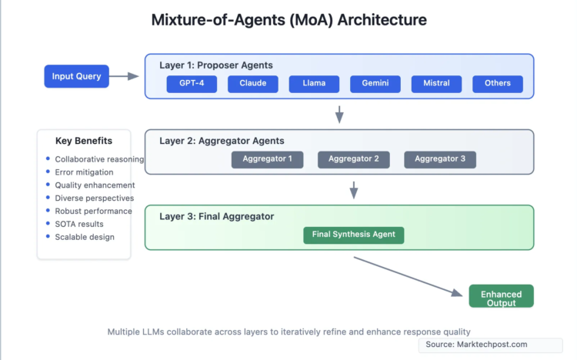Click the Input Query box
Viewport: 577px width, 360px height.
pos(78,76)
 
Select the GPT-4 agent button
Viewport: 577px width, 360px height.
pos(192,84)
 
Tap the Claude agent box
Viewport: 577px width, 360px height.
pos(253,84)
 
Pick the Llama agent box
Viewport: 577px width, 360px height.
pos(314,84)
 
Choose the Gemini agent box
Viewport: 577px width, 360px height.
pos(375,84)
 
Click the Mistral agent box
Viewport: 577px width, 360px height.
pos(436,84)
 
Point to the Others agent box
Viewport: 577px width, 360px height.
pos(498,84)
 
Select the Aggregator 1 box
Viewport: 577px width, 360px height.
pos(267,159)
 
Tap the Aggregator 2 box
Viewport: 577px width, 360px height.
pos(354,159)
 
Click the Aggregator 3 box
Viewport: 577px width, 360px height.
pos(440,159)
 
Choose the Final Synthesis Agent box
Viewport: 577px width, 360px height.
pos(354,235)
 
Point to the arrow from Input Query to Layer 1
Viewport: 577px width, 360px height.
pos(125,76)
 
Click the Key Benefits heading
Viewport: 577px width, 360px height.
pos(84,141)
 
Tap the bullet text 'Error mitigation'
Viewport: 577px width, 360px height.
pos(85,172)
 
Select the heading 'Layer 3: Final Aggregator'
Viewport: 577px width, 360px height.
pos(216,217)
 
